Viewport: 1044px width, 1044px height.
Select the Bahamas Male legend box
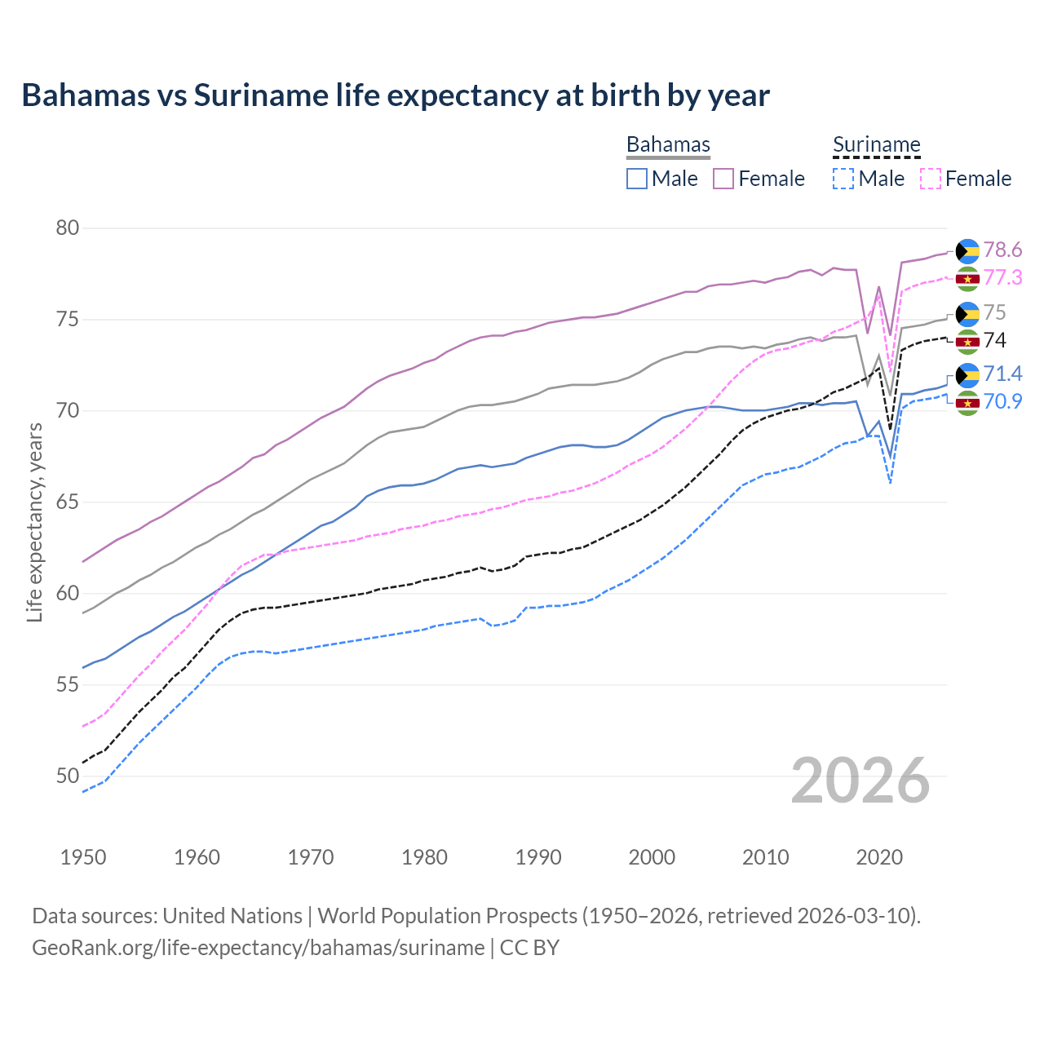(x=637, y=179)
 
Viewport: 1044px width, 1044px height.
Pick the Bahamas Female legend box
(x=723, y=179)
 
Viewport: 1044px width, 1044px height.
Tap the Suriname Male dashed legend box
(x=843, y=179)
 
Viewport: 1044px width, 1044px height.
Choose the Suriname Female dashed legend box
(x=931, y=179)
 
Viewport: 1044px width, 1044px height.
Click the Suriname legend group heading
(x=876, y=145)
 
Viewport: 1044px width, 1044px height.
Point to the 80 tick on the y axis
(x=67, y=228)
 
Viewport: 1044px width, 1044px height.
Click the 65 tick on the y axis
(x=67, y=502)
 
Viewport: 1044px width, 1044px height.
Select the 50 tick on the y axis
(x=67, y=776)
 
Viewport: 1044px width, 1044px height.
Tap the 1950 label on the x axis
(x=83, y=857)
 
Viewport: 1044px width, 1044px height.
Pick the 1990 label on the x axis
(x=538, y=857)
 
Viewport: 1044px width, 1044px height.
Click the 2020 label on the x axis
(x=879, y=857)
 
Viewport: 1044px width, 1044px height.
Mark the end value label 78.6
(x=1002, y=250)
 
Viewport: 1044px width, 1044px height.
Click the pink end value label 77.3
(x=1002, y=278)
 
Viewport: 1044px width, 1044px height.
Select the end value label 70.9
(x=1002, y=401)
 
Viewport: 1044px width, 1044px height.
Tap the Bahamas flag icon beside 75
(x=967, y=313)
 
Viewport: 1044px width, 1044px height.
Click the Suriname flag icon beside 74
(x=967, y=341)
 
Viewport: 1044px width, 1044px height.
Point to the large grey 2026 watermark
(x=860, y=781)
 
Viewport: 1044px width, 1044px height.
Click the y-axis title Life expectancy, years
(x=34, y=523)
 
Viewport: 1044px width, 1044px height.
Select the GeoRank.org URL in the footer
(x=259, y=948)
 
